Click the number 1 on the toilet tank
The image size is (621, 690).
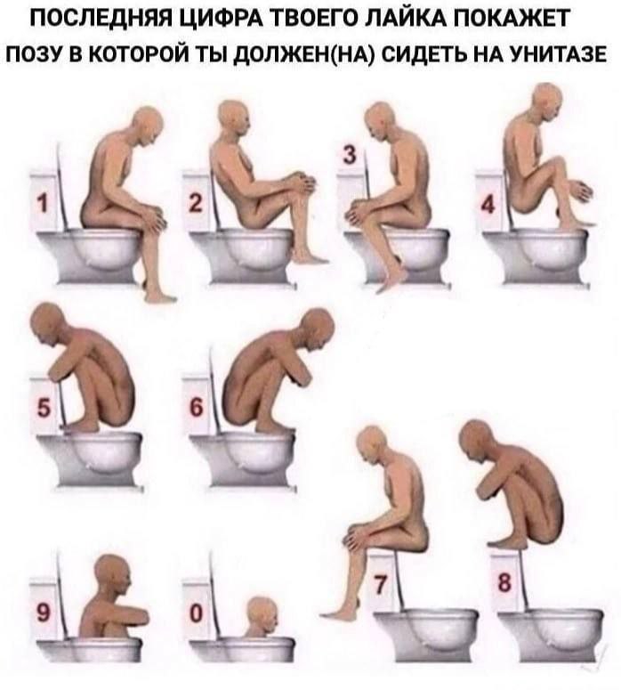point(42,204)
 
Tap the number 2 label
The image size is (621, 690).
point(196,204)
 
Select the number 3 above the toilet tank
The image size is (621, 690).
point(349,155)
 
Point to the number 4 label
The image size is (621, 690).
point(488,205)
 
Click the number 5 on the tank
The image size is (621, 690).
point(44,407)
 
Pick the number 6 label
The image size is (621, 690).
point(197,408)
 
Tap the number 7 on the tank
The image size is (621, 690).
point(380,584)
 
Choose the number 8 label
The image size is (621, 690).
point(504,583)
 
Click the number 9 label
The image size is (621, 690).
point(43,613)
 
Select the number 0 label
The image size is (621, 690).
point(197,613)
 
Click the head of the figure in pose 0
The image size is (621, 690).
point(262,612)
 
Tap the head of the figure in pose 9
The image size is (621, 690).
point(113,572)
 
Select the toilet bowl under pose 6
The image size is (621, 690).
point(243,459)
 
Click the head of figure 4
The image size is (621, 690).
point(547,101)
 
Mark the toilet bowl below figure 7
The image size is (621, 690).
point(427,635)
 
